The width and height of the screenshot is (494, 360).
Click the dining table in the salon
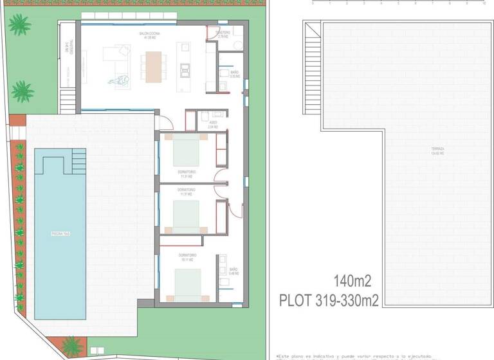pyautogui.click(x=154, y=66)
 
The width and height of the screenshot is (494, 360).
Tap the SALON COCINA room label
pyautogui.click(x=149, y=33)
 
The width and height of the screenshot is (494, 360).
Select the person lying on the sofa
pyautogui.click(x=119, y=81)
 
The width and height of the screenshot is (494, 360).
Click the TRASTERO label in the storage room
pyautogui.click(x=223, y=34)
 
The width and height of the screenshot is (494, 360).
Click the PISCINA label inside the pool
pyautogui.click(x=60, y=233)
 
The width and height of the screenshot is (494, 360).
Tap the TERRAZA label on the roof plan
pyautogui.click(x=437, y=151)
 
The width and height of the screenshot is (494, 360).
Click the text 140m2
pyautogui.click(x=352, y=280)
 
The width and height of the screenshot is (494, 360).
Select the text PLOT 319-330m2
pyautogui.click(x=329, y=300)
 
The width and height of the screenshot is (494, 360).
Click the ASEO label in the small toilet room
pyautogui.click(x=212, y=123)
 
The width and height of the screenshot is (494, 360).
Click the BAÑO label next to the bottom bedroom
pyautogui.click(x=233, y=271)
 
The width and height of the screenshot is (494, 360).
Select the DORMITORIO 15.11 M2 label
pyautogui.click(x=188, y=257)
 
